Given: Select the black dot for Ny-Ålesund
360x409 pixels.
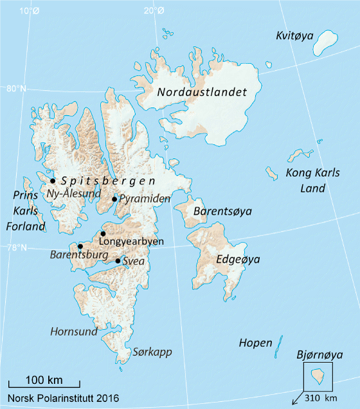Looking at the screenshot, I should [x=53, y=181].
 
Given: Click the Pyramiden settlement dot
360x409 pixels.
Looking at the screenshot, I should [x=114, y=199].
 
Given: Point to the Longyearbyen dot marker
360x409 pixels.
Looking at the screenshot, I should [x=103, y=234].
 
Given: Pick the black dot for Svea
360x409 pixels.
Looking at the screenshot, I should [x=118, y=261].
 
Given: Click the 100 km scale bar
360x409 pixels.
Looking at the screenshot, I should [x=44, y=384].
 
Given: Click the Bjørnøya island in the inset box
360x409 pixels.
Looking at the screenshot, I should [x=317, y=374].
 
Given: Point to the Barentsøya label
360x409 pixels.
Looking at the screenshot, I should [x=222, y=212].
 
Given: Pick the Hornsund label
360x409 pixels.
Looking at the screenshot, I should [x=75, y=332].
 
